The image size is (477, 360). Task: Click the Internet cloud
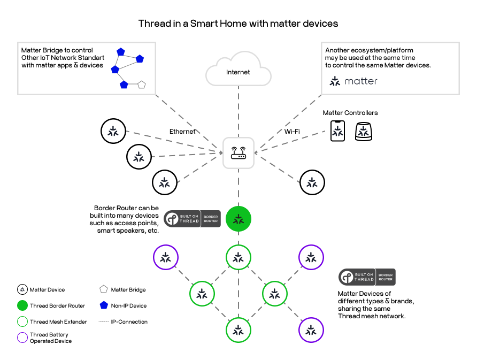(238, 70)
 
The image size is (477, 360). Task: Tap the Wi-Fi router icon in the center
(239, 153)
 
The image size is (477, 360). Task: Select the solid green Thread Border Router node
(239, 219)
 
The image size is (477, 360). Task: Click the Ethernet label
(182, 132)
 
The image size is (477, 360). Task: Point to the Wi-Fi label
(291, 132)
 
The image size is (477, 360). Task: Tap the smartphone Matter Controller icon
(337, 131)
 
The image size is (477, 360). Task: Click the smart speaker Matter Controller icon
(364, 131)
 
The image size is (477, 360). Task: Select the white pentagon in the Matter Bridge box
(142, 85)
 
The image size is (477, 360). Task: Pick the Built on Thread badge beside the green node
(193, 219)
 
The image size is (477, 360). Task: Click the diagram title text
(238, 24)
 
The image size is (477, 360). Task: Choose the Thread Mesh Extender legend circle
(22, 322)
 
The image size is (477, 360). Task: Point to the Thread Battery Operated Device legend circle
(22, 338)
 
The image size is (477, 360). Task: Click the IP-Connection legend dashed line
(104, 322)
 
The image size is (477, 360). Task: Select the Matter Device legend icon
(22, 290)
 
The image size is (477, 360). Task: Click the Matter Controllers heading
(350, 113)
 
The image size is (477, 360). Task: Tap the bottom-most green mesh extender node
(239, 330)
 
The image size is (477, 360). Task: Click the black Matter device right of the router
(312, 182)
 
